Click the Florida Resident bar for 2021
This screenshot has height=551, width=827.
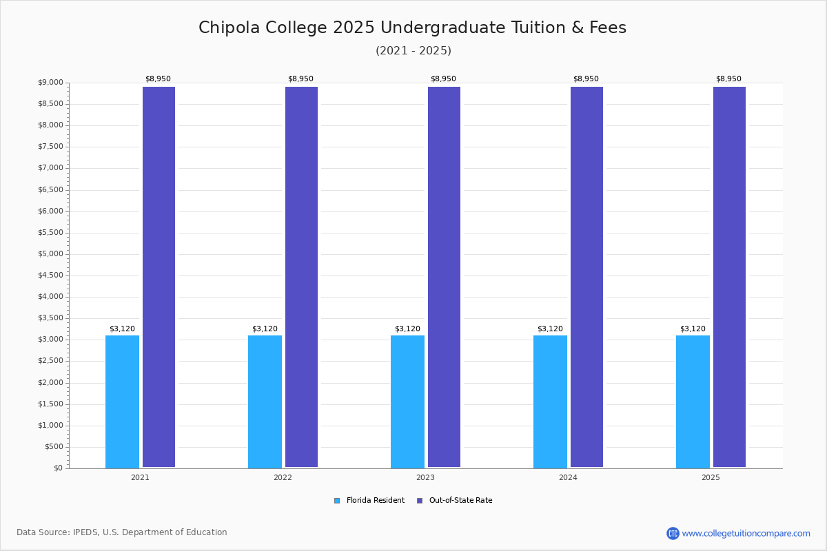[122, 402]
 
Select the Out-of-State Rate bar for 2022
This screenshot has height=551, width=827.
[301, 277]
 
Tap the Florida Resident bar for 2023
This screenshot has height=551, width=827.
[407, 402]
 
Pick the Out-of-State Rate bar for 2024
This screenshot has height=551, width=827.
[586, 277]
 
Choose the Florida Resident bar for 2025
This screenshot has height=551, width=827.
[693, 402]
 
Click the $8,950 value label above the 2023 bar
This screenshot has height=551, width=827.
[443, 79]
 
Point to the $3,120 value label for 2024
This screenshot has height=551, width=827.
[550, 329]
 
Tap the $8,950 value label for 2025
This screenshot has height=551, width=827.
[729, 79]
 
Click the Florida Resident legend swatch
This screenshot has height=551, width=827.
[337, 501]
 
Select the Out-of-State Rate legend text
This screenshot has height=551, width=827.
[461, 500]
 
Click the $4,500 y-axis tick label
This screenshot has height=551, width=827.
[50, 275]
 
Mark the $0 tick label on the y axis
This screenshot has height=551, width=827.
[59, 468]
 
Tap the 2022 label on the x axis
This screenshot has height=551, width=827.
[283, 477]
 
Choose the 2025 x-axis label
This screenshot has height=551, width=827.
[711, 477]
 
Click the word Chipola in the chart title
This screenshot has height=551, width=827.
[229, 28]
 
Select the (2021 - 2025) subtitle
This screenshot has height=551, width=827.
[413, 50]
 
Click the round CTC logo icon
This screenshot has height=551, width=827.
[673, 533]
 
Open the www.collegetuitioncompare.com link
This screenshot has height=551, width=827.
[746, 533]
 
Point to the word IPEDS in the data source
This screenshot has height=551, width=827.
[86, 532]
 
